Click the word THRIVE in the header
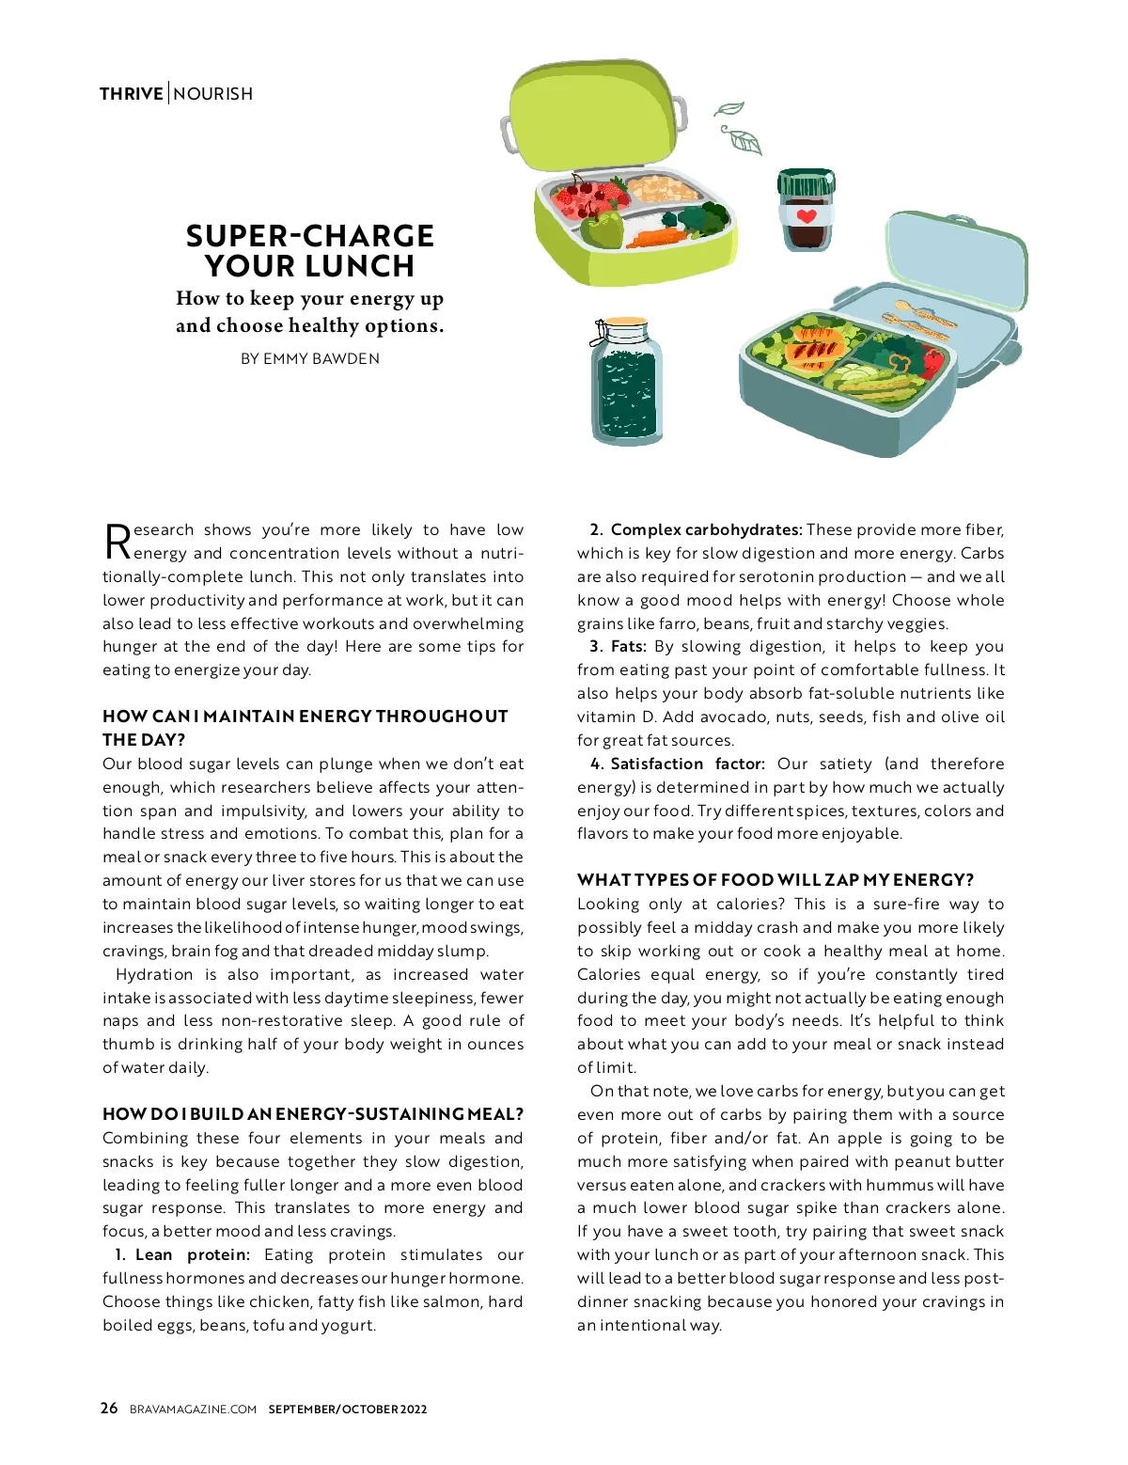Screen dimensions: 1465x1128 131,94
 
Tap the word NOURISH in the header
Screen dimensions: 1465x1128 213,94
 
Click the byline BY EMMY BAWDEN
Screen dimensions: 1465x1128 310,358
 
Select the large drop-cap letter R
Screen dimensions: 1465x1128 117,542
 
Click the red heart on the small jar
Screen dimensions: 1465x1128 807,216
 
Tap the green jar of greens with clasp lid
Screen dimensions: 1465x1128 626,381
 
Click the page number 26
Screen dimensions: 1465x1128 109,1408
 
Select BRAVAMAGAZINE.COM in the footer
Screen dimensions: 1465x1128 193,1409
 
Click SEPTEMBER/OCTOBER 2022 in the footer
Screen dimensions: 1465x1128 348,1409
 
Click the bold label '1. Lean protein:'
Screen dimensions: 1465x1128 182,1254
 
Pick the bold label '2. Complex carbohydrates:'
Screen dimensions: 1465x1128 696,529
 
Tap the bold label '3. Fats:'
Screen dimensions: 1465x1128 618,646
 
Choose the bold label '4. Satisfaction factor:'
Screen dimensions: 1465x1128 678,764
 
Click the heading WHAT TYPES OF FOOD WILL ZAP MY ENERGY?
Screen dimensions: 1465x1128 775,880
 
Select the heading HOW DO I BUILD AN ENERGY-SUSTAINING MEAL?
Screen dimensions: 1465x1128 313,1114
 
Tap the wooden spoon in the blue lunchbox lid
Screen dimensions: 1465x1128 916,312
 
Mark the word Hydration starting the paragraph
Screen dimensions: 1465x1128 154,974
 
